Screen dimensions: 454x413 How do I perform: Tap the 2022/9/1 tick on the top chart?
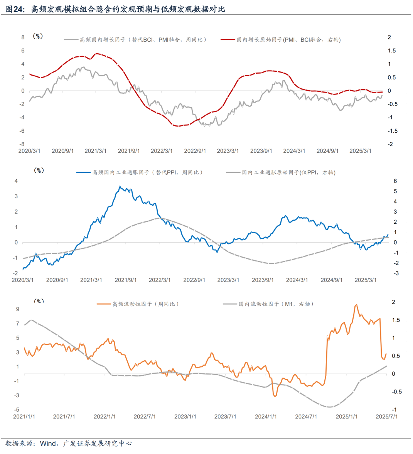click(195, 151)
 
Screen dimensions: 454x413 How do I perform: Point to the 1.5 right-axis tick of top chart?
click(391, 51)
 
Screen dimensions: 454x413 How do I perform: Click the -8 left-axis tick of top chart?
click(23, 144)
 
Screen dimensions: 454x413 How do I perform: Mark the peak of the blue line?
click(120, 186)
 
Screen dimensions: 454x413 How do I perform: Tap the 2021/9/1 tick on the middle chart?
click(125, 280)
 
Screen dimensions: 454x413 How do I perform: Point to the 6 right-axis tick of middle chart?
click(395, 181)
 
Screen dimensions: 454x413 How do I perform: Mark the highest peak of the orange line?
click(356, 305)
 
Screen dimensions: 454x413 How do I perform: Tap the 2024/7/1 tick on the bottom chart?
click(306, 417)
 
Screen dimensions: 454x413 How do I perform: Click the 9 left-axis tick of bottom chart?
click(18, 309)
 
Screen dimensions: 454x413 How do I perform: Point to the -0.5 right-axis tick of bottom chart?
click(397, 392)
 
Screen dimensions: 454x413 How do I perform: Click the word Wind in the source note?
click(48, 444)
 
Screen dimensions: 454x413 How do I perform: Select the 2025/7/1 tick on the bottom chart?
click(387, 417)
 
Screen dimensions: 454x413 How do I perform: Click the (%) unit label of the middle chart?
click(39, 170)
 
